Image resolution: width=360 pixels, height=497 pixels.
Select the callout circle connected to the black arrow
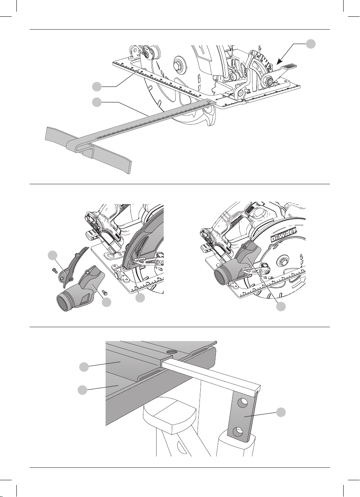tap(311, 44)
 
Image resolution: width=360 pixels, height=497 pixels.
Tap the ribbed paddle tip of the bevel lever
tap(289, 66)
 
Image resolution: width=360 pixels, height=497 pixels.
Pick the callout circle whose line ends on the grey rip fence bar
tap(97, 102)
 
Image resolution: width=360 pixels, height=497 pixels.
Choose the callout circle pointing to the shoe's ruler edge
tap(97, 86)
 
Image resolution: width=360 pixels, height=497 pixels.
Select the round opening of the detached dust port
tap(64, 303)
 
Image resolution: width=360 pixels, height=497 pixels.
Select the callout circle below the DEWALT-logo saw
tap(281, 307)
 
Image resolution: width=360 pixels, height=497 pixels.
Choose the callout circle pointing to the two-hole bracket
tap(281, 412)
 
